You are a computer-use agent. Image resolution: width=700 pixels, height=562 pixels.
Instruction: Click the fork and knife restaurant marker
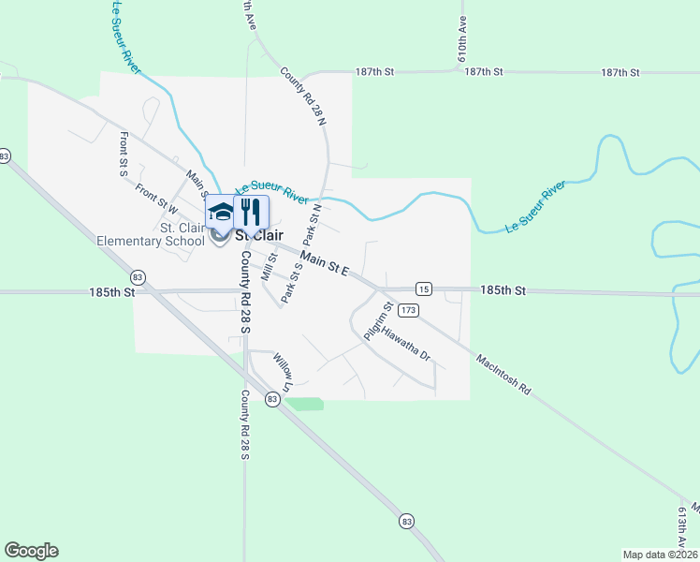point(250,210)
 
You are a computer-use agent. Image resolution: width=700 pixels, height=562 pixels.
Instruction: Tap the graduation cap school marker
point(222,211)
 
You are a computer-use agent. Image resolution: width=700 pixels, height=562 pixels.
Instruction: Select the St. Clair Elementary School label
point(151,234)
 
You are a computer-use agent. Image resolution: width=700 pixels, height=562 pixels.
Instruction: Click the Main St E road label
point(324,262)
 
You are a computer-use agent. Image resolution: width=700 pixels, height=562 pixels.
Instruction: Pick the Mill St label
point(270,268)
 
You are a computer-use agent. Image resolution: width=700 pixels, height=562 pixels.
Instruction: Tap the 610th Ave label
point(462,37)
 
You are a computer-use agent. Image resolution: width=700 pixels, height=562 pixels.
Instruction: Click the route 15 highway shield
point(425,290)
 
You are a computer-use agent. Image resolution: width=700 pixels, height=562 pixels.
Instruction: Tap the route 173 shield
point(407,309)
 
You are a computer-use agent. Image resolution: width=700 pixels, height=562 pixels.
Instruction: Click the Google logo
point(31,551)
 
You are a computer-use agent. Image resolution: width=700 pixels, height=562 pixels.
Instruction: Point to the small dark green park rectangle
point(304,404)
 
